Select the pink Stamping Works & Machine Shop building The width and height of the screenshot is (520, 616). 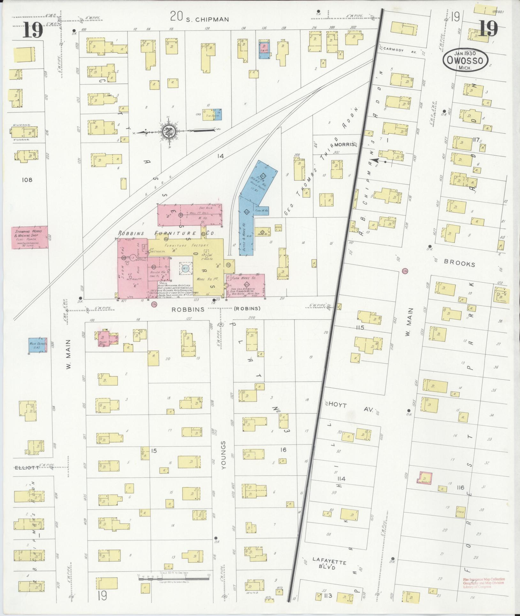tap(30, 237)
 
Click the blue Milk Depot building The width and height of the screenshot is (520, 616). tap(38, 345)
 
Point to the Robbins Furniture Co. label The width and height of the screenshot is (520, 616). tap(166, 233)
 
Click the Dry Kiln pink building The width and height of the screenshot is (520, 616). tap(190, 215)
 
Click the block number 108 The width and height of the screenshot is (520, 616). tap(27, 180)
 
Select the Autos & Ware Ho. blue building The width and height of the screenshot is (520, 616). tap(246, 235)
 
